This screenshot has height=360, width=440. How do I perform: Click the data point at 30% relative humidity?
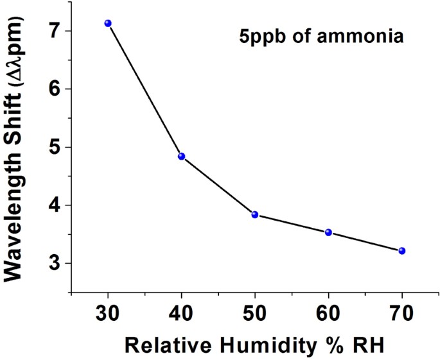[x=108, y=23]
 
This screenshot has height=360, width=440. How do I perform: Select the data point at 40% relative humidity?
[x=182, y=156]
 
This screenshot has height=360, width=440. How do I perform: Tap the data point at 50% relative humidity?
[x=255, y=214]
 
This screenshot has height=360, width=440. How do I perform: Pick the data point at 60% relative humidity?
[x=328, y=232]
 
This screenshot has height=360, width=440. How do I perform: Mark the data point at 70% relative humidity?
[x=402, y=250]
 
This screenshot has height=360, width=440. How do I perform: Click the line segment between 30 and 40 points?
[x=145, y=90]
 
